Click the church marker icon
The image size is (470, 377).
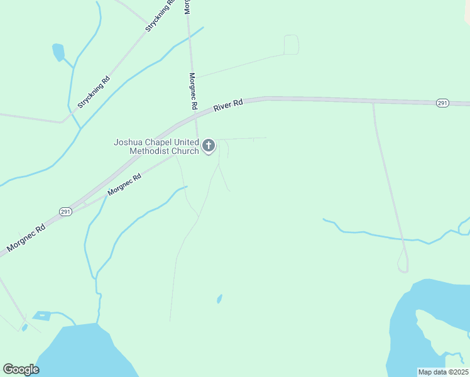pos(209,146)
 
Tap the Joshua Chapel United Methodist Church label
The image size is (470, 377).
pos(156,146)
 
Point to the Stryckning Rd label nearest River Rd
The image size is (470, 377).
pos(94,92)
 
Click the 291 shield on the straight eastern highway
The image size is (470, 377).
pos(443,103)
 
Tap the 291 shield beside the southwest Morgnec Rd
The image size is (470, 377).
pos(66,212)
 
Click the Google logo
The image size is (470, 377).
pos(21,369)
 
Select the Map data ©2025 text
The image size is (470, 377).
pos(443,372)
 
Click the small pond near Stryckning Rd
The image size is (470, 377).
pos(58,52)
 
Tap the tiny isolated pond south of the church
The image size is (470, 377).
pos(219,298)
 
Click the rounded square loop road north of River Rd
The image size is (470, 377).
pos(291,45)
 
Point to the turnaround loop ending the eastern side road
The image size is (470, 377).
pos(402,266)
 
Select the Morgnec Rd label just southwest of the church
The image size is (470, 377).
pos(124,185)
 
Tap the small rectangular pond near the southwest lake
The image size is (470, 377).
pos(42,315)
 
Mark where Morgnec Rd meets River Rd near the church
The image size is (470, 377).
pos(196,116)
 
